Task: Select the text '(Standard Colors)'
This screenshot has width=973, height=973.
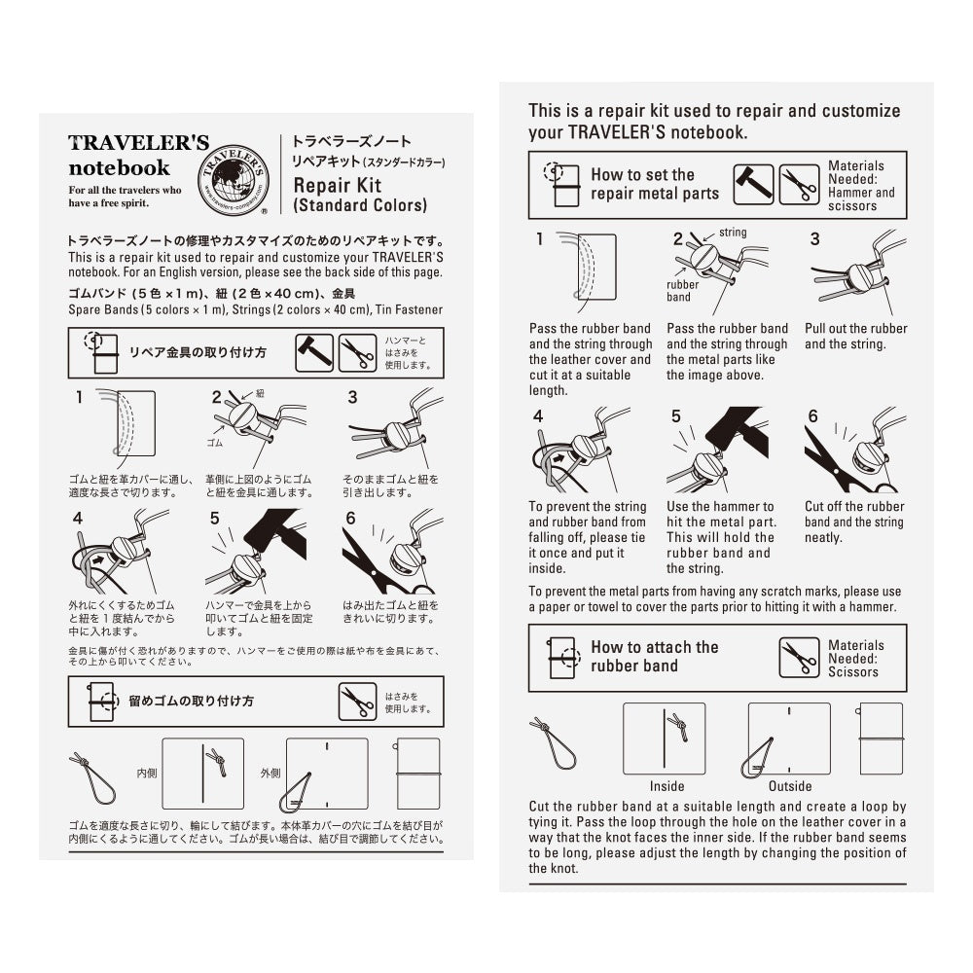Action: click(359, 205)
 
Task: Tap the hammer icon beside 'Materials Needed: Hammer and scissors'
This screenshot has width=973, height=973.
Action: click(752, 184)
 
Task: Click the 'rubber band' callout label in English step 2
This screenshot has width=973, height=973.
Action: click(682, 291)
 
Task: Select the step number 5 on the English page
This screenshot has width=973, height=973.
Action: click(676, 416)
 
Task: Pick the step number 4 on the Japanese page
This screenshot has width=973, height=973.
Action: click(79, 518)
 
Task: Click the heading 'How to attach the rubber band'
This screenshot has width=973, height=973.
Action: click(654, 657)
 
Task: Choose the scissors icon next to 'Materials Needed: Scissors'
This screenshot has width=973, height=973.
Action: click(799, 658)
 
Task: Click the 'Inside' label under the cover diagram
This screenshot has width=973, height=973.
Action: click(667, 786)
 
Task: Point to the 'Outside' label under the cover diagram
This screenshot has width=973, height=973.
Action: click(790, 786)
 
